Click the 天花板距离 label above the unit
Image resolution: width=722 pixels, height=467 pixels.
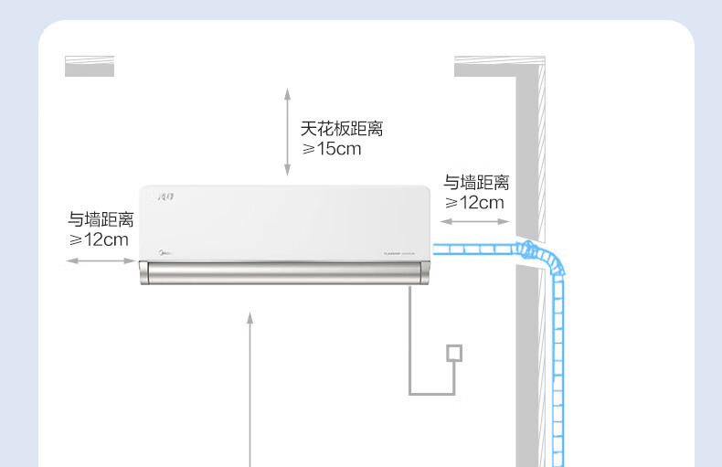(x=342, y=129)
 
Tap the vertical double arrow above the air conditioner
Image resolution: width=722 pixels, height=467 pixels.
(x=287, y=132)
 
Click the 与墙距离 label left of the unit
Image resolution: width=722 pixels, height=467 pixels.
(x=101, y=219)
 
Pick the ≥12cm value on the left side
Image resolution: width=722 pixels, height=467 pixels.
(x=99, y=239)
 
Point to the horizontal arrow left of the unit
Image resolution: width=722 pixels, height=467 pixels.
(x=101, y=261)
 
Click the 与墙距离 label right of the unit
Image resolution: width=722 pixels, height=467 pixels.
(x=476, y=183)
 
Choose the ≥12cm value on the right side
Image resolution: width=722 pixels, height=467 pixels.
(x=474, y=203)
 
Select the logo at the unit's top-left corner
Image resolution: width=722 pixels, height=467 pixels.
(x=170, y=196)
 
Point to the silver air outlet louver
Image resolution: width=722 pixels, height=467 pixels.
(x=283, y=271)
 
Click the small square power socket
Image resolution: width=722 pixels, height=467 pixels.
(x=454, y=353)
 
